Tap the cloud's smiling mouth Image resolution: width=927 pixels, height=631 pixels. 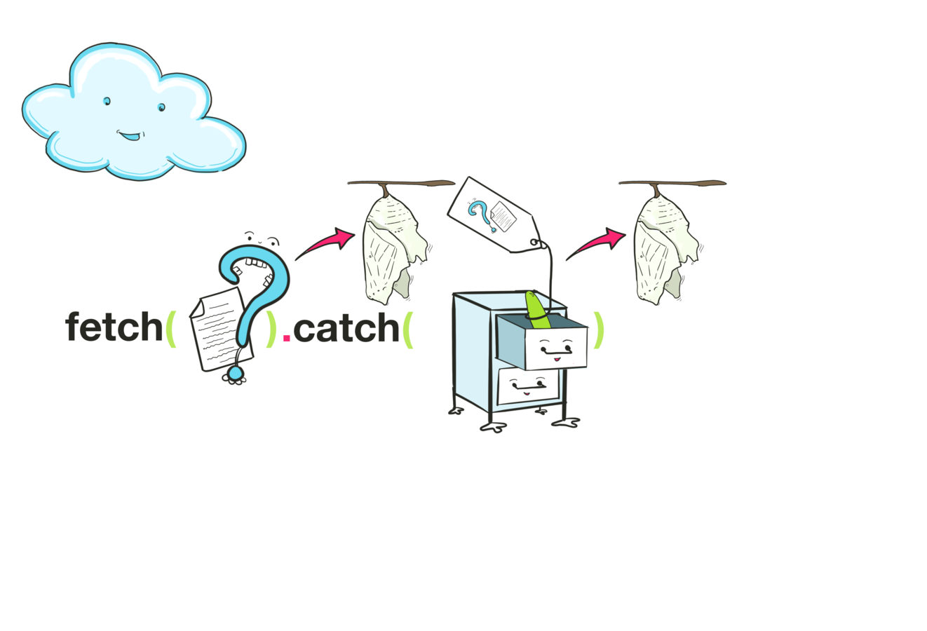coord(128,135)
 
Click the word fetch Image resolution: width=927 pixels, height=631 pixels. coord(114,327)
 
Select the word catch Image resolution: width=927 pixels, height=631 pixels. coord(346,327)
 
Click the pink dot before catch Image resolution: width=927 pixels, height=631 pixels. coord(286,337)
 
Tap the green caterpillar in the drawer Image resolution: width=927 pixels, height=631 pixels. coord(536,309)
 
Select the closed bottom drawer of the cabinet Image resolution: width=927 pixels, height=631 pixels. coord(528,386)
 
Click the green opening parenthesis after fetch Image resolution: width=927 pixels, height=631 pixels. coord(170,329)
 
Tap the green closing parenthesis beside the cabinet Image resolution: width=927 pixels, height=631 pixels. coord(597,329)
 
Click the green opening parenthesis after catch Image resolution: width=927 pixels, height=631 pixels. coord(409,329)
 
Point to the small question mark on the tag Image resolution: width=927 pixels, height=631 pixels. coord(479,214)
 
